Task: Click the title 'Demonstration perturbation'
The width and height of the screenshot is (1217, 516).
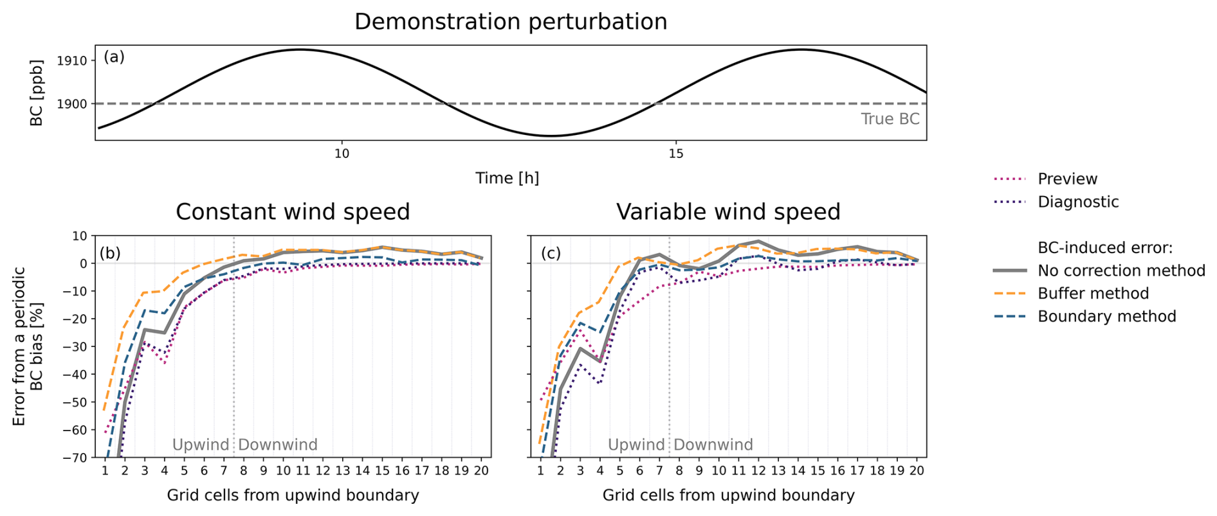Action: click(x=510, y=22)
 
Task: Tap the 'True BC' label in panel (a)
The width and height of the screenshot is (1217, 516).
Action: click(x=890, y=119)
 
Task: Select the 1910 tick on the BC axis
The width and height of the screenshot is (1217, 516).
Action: click(x=71, y=61)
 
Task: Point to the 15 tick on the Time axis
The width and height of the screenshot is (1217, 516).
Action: click(x=675, y=154)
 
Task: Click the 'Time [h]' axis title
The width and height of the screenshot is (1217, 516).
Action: click(x=507, y=178)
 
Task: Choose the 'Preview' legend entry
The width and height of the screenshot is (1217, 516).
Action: click(x=1067, y=179)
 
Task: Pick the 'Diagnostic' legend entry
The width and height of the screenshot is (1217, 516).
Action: click(x=1077, y=202)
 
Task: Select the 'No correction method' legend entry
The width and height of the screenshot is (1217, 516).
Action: click(x=1121, y=271)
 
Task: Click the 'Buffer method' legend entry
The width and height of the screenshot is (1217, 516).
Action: click(x=1093, y=294)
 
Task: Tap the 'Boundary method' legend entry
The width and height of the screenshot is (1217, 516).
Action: click(x=1106, y=317)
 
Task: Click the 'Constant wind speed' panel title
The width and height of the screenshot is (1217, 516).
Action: click(x=293, y=212)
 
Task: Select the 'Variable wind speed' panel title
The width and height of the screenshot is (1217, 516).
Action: click(x=728, y=212)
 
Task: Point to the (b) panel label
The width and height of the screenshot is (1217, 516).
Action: click(x=110, y=253)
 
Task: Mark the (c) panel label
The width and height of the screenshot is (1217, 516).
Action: click(x=551, y=253)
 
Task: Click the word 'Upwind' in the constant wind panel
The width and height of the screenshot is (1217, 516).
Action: click(x=200, y=445)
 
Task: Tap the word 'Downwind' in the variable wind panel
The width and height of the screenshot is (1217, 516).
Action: click(x=713, y=445)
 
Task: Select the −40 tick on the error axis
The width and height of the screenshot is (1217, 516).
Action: click(x=75, y=375)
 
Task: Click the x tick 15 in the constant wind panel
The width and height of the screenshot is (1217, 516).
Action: click(x=382, y=471)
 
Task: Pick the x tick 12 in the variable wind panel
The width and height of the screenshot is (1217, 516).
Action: click(x=758, y=471)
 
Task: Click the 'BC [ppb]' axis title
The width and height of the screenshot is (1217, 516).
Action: click(x=37, y=93)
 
